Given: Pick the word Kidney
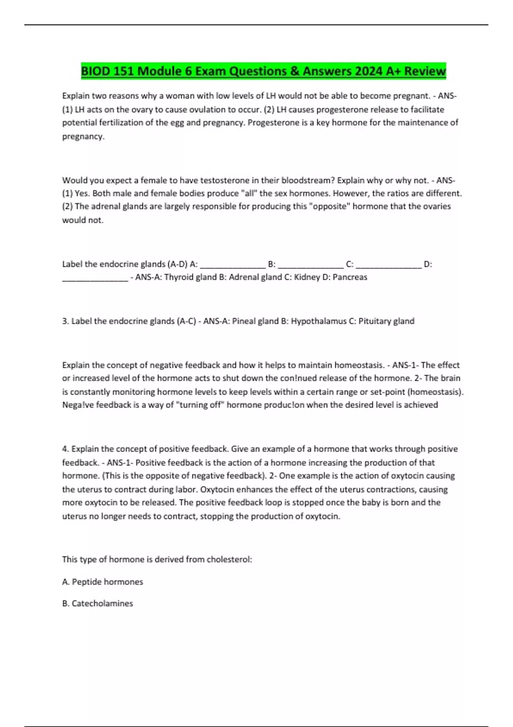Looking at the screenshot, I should point(307,277).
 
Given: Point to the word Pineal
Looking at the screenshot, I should point(244,321).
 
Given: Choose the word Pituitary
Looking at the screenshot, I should point(374,321).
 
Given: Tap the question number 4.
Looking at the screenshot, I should point(65,449).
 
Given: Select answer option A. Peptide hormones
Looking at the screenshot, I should point(103,582).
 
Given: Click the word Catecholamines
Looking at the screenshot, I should point(102,603).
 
